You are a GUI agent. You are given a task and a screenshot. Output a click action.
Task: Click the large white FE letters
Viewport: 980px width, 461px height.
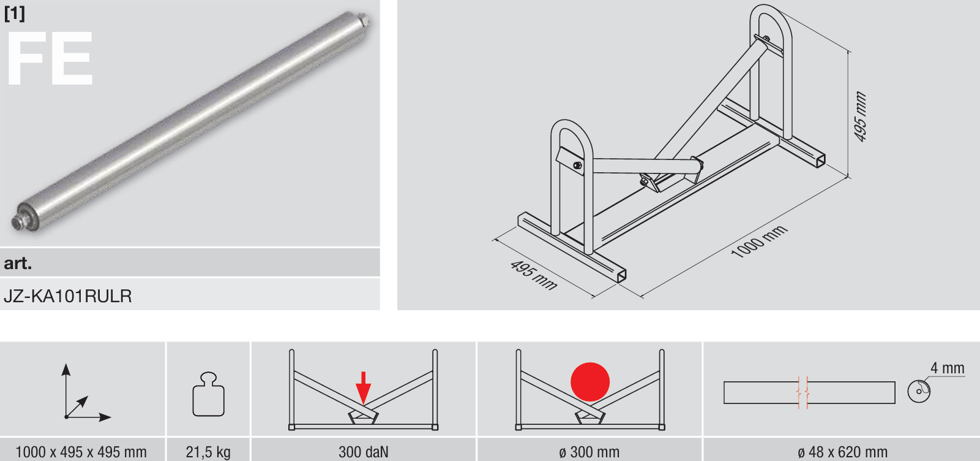[x=50, y=58]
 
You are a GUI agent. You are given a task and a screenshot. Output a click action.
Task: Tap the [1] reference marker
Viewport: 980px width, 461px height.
[x=15, y=13]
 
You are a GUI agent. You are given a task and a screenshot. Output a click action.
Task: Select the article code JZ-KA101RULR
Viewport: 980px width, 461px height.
[x=68, y=296]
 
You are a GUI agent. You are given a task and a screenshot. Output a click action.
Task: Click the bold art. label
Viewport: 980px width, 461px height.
[x=18, y=263]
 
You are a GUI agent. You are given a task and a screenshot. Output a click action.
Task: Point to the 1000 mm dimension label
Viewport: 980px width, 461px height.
[x=759, y=242]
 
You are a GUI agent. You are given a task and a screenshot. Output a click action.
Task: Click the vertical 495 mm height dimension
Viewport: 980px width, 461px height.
[x=861, y=116]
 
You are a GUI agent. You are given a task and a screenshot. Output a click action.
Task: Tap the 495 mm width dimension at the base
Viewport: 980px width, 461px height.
[x=534, y=275]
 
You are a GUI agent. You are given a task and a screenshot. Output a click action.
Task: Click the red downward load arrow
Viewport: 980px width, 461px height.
[x=363, y=387]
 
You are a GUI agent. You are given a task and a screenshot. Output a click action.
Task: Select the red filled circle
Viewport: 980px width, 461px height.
[x=589, y=382]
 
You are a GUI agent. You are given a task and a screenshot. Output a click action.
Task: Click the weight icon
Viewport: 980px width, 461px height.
[x=208, y=394]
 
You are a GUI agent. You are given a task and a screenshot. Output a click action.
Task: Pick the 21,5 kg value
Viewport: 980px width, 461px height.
[x=208, y=452]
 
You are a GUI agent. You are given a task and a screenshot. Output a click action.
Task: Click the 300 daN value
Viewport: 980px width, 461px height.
[x=363, y=452]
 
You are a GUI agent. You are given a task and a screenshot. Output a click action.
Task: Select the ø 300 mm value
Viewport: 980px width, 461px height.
[x=589, y=452]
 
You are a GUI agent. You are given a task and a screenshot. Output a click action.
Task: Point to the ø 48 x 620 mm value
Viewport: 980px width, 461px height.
[x=843, y=452]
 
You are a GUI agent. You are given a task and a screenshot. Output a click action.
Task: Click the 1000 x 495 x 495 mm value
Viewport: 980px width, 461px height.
[x=81, y=452]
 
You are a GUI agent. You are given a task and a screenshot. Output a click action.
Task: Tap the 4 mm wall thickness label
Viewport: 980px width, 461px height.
[x=947, y=368]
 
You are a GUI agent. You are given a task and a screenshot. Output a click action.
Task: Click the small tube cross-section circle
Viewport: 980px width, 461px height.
[x=919, y=391]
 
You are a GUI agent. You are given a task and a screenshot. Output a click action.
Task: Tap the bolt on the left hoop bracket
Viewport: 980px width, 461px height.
[x=577, y=165]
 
